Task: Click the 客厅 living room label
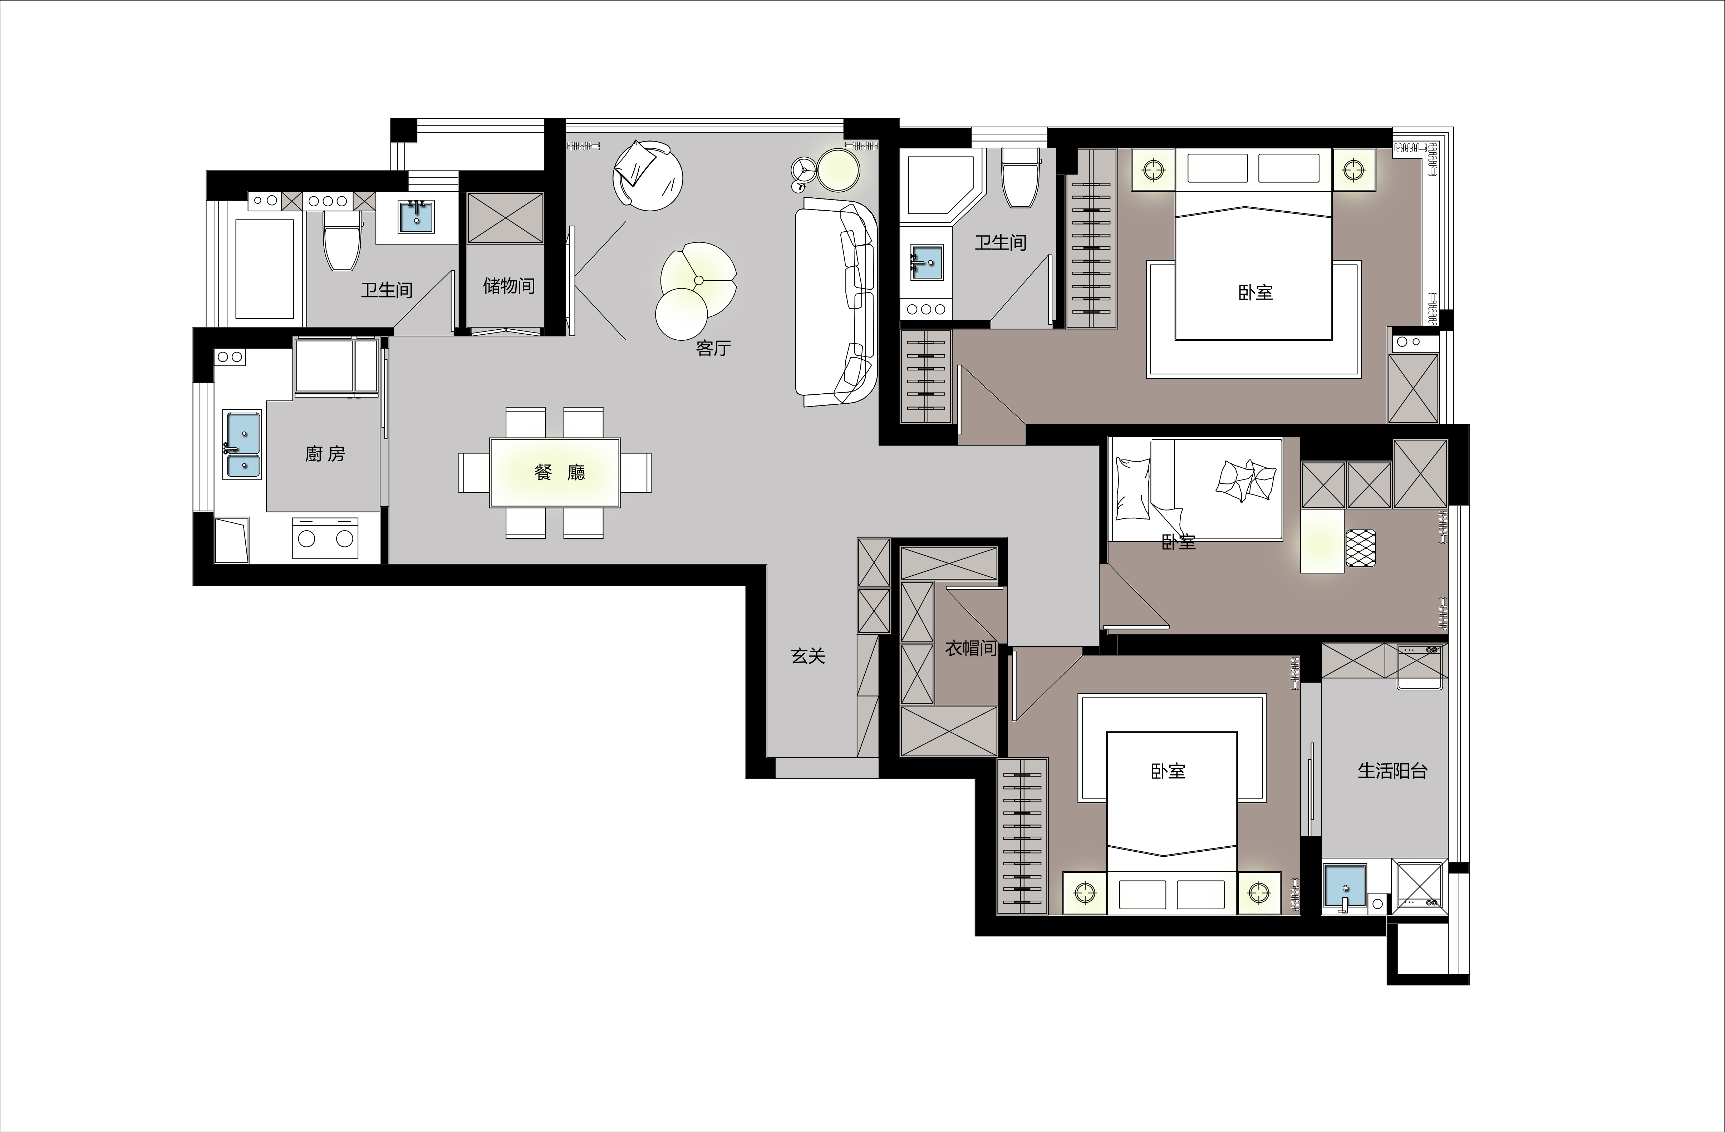(713, 349)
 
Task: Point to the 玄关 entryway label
(807, 656)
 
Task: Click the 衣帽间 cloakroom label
(970, 649)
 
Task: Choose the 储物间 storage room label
(509, 286)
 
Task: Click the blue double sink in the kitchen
(243, 444)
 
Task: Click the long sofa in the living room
(836, 304)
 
